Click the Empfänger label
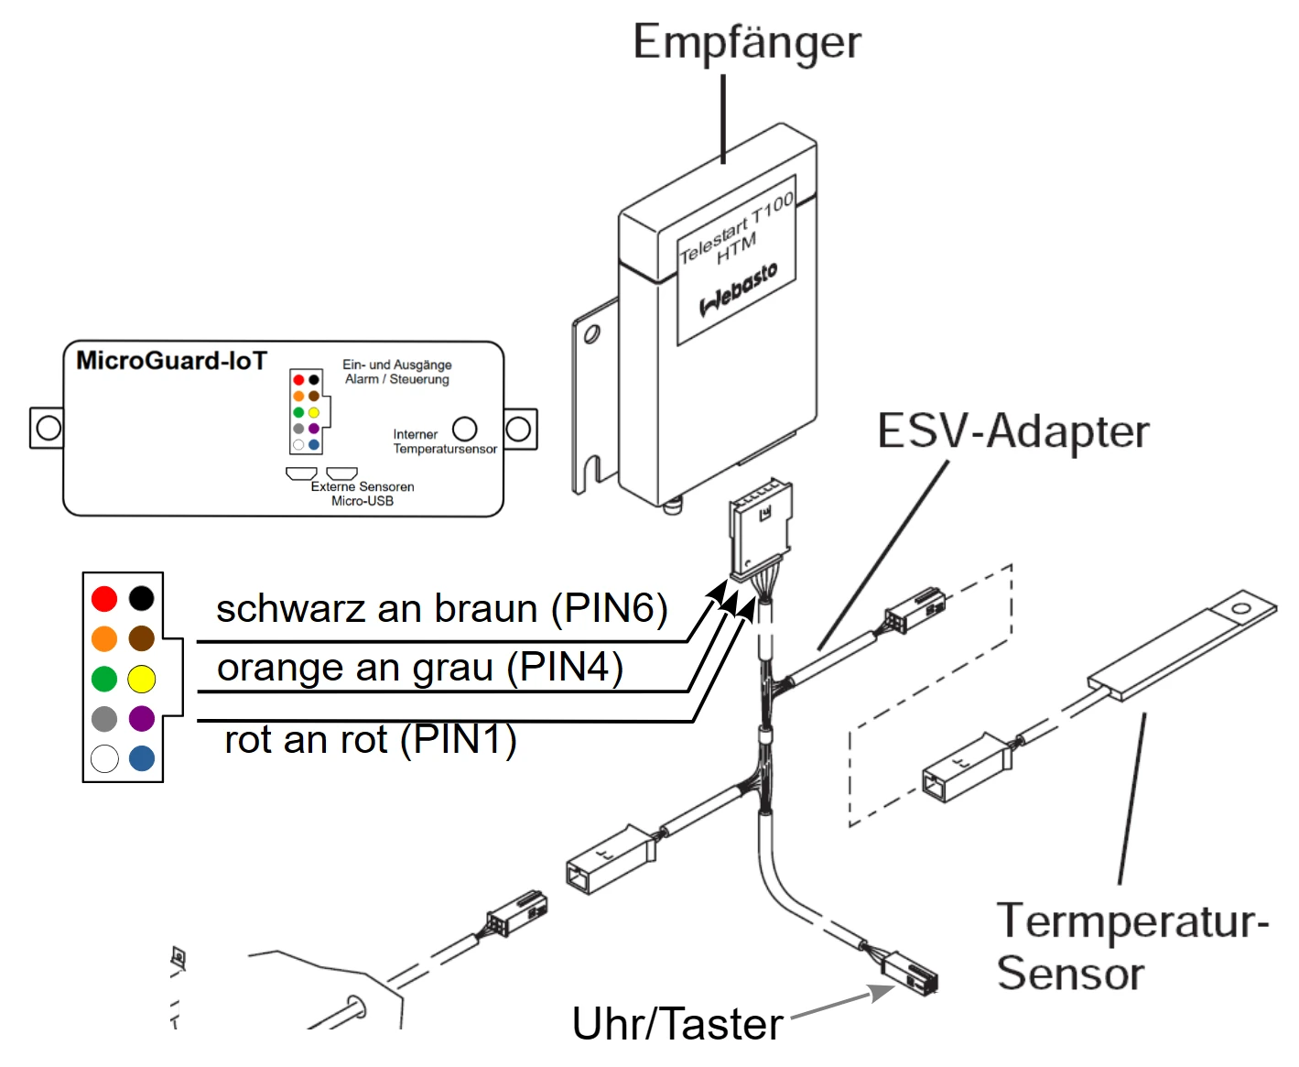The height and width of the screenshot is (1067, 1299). [x=746, y=43]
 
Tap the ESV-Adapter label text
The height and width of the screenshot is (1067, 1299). [x=1012, y=430]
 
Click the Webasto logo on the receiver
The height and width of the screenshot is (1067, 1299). [x=738, y=289]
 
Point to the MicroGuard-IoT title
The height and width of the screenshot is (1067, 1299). [x=171, y=361]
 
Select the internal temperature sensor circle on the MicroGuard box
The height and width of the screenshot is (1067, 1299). [x=464, y=429]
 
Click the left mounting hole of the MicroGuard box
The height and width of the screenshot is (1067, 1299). [x=49, y=427]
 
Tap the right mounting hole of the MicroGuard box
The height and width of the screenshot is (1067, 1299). [x=517, y=429]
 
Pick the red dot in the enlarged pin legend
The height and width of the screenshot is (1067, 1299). [x=104, y=599]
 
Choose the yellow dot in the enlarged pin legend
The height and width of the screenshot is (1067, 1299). [x=141, y=679]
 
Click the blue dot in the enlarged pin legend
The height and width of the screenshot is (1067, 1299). [x=142, y=758]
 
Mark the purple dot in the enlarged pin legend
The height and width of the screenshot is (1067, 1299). [x=142, y=718]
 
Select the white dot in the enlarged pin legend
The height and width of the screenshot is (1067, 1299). [x=104, y=758]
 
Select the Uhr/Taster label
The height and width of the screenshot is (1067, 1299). [x=677, y=1024]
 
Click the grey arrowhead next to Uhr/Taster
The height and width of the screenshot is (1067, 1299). [x=882, y=992]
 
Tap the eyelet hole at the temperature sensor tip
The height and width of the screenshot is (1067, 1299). [x=1240, y=609]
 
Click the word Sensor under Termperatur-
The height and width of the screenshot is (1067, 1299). [x=1070, y=974]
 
